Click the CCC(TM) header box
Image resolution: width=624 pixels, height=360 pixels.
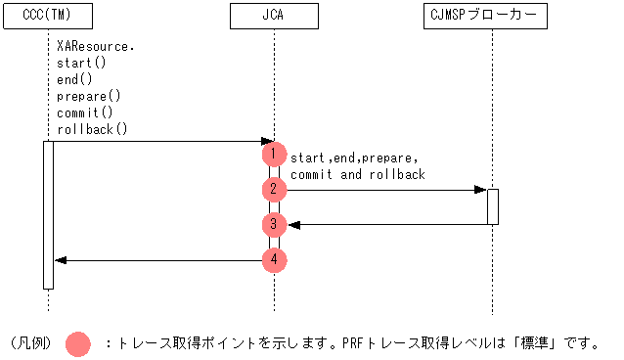click(47, 17)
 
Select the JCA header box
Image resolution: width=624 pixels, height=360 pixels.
click(274, 17)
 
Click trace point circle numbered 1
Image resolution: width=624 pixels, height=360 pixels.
click(275, 155)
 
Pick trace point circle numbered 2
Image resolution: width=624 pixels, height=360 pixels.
click(275, 190)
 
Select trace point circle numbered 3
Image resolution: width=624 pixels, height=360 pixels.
click(275, 225)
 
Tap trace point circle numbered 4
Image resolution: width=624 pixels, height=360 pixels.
click(275, 260)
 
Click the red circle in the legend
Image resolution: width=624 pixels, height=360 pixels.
click(77, 343)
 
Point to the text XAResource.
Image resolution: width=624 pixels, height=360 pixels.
click(95, 47)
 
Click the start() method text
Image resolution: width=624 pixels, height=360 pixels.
click(80, 64)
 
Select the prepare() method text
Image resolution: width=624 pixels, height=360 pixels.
click(88, 96)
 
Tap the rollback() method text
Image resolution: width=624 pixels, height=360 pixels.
click(92, 129)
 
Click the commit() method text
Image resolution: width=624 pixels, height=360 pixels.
click(84, 112)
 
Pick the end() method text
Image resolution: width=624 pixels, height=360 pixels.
click(73, 80)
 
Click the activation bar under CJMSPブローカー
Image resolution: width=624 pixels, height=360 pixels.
click(493, 206)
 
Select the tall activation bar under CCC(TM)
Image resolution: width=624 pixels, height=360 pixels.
click(47, 215)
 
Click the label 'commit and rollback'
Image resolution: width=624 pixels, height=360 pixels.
click(358, 174)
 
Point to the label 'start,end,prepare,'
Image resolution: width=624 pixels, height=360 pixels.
click(354, 157)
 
